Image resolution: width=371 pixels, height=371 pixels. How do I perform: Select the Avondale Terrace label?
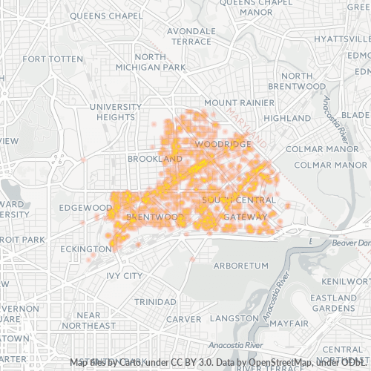tap(191, 37)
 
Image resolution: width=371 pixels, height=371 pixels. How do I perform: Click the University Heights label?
tap(115, 112)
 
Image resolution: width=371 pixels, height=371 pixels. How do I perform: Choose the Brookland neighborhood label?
tap(154, 160)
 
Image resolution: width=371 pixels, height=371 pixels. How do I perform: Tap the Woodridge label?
tap(220, 142)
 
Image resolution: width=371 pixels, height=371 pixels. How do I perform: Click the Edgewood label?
tap(85, 208)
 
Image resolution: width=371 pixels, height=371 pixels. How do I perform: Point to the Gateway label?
tap(244, 217)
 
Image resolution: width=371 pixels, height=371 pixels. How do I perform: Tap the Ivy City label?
tap(124, 276)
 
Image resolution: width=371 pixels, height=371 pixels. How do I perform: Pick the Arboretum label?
tap(239, 265)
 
